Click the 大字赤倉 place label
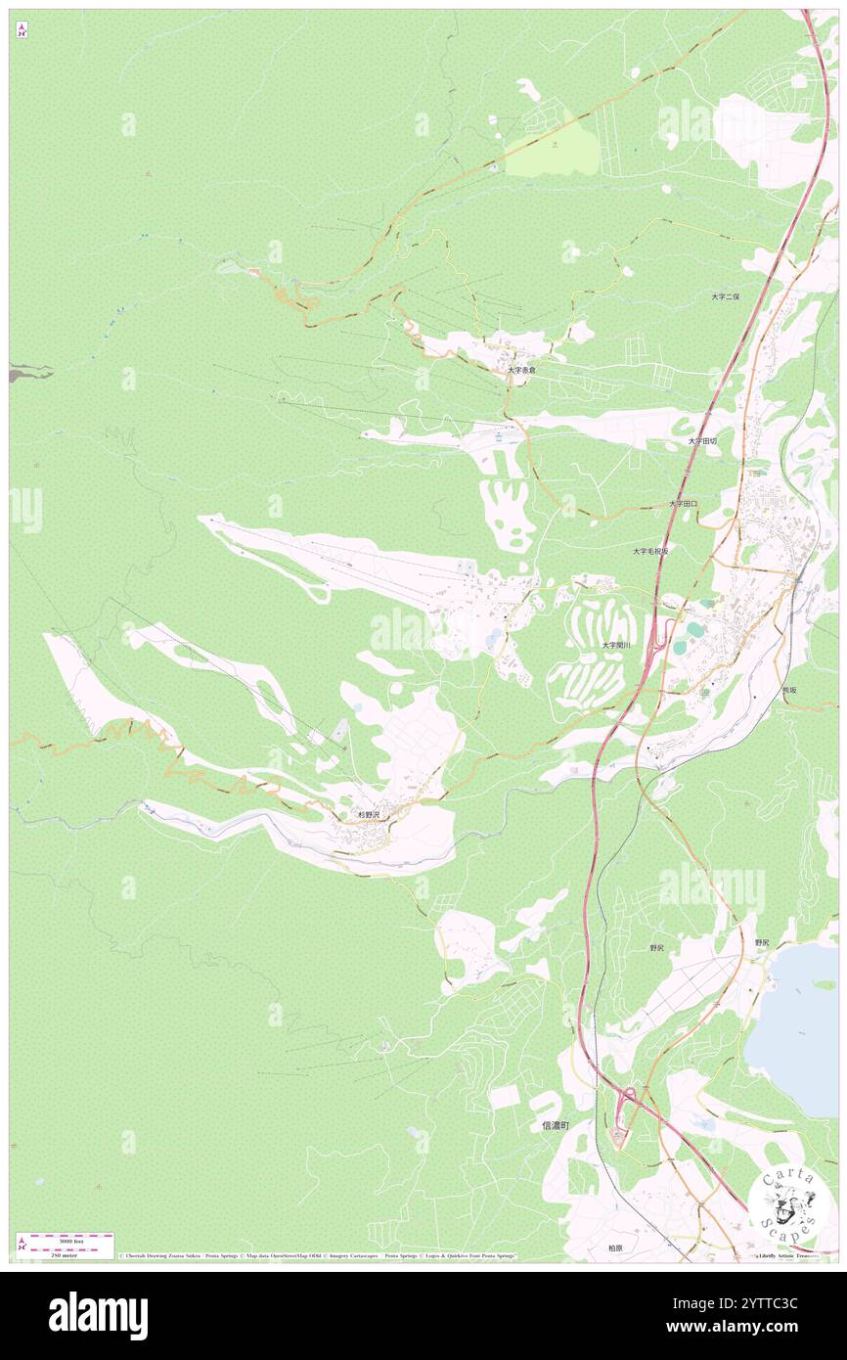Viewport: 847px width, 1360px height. point(520,371)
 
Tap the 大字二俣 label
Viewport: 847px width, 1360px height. point(726,295)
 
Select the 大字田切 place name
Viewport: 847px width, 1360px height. point(701,441)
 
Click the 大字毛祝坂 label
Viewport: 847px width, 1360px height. point(650,551)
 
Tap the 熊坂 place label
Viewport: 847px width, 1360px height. point(788,690)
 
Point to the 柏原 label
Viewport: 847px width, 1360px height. point(614,1247)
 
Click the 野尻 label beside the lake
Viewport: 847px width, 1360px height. point(762,942)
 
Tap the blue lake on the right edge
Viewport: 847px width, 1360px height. point(802,1027)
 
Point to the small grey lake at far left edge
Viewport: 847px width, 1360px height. point(26,373)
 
